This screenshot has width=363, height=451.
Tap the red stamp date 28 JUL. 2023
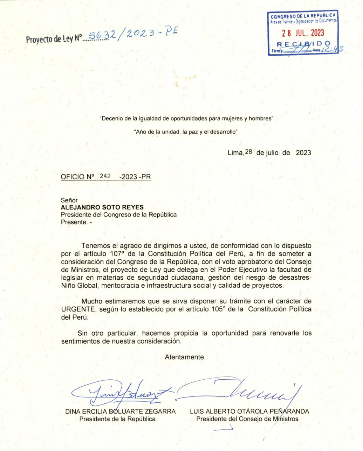[x=303, y=33]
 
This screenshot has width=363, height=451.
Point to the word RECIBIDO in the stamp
[x=303, y=44]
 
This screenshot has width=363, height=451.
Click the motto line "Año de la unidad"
[x=186, y=132]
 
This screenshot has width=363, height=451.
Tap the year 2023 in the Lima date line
[x=303, y=153]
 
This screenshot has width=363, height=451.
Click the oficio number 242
[x=105, y=176]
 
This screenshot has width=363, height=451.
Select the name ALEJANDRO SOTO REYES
[x=102, y=207]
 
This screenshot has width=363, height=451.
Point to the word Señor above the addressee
[x=69, y=200]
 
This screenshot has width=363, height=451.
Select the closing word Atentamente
[x=185, y=357]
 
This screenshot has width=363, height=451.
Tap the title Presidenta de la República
[x=117, y=419]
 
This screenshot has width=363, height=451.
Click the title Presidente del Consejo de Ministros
[x=247, y=419]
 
